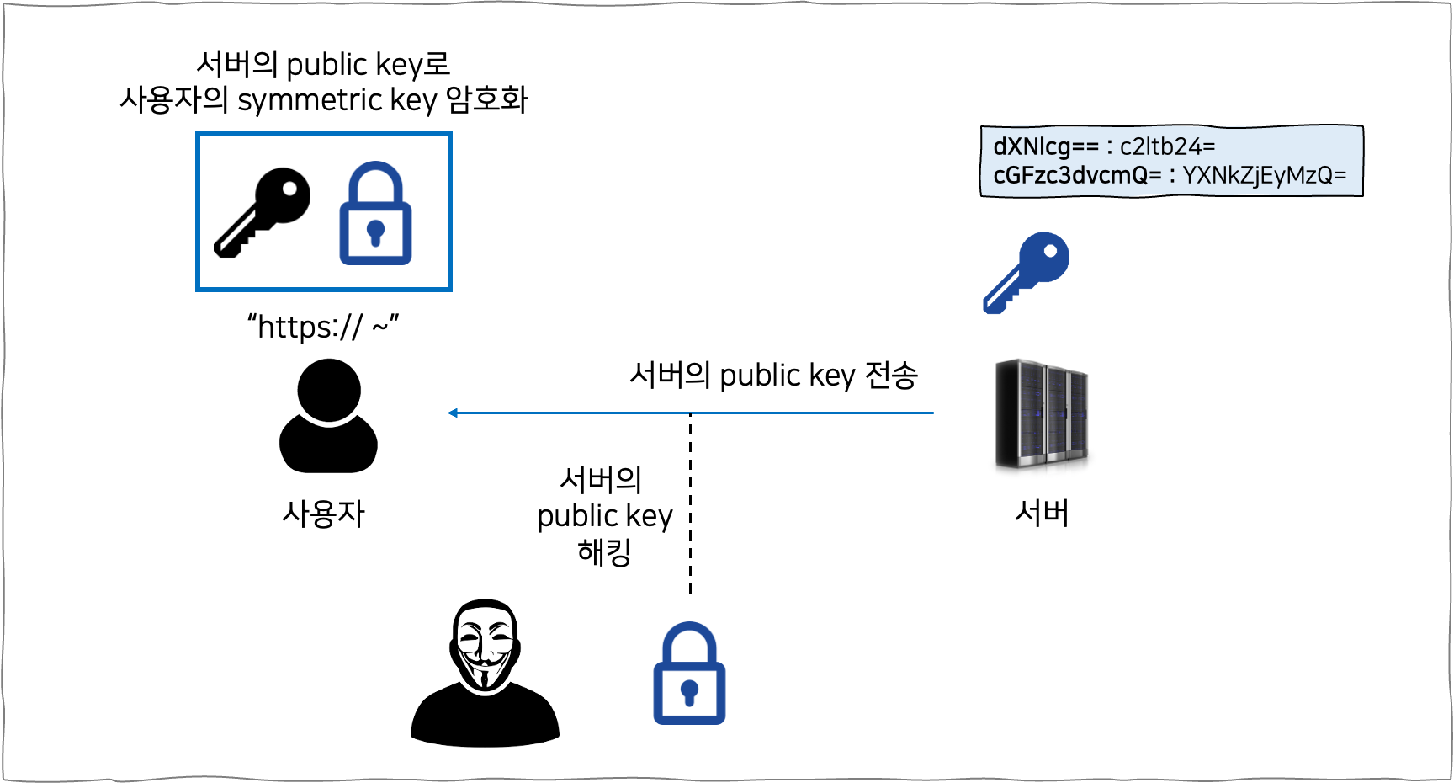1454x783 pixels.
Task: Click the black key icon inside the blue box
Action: pos(263,211)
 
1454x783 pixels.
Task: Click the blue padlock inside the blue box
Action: pos(375,216)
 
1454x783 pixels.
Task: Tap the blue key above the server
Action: pos(1027,271)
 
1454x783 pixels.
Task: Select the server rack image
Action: pos(1042,414)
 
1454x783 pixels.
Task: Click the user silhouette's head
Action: pos(329,390)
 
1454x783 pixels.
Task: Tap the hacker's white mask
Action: pos(484,644)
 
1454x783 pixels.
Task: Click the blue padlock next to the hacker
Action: pos(689,674)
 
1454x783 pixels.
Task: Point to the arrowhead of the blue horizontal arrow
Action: pos(453,413)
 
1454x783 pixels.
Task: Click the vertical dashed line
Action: pos(690,505)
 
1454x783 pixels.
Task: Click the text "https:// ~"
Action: pos(322,327)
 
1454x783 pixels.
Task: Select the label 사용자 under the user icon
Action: pos(323,514)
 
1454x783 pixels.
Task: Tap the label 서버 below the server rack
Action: pos(1042,512)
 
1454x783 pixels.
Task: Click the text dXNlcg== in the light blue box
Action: pos(1045,146)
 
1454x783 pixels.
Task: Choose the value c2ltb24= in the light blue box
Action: pos(1167,146)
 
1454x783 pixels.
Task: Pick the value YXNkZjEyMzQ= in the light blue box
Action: pos(1264,175)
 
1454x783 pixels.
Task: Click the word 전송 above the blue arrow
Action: pos(891,375)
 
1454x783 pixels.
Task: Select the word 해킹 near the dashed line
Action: pos(604,552)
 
